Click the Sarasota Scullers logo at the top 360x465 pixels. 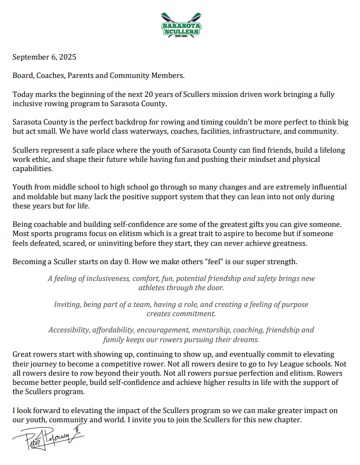[181, 26]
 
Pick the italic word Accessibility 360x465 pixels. [69, 330]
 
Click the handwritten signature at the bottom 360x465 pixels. [49, 440]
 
